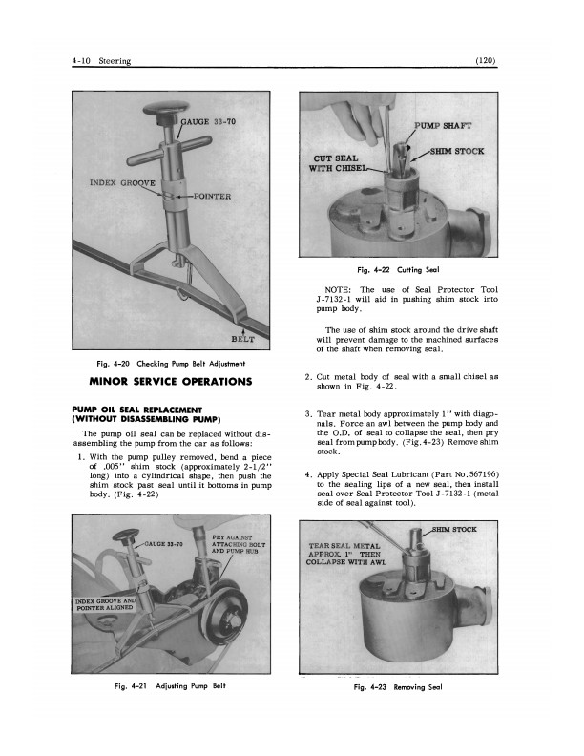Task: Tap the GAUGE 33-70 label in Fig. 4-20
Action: (213, 121)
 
